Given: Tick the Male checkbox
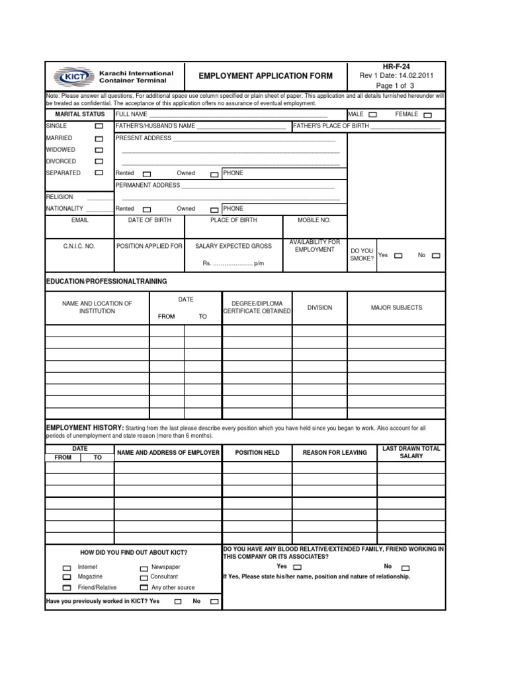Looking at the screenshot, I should [373, 114].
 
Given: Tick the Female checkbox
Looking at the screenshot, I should [427, 115].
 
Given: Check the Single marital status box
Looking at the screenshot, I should [99, 126].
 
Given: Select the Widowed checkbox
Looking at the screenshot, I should [99, 150].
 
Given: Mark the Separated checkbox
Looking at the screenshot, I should [99, 173].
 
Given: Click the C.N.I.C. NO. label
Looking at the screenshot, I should [79, 246].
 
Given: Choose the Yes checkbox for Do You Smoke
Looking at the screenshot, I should [398, 255].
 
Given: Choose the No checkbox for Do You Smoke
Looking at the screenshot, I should [436, 255].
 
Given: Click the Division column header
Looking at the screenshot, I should [320, 307].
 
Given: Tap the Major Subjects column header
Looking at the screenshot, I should [396, 307].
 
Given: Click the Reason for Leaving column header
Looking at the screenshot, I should [334, 453].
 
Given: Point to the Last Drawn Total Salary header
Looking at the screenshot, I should [411, 452].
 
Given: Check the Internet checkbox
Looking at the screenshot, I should [67, 568].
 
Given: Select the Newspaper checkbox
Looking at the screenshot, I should [144, 568].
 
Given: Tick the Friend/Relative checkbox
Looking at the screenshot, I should [67, 588].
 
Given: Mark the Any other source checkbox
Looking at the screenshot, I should [144, 587].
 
